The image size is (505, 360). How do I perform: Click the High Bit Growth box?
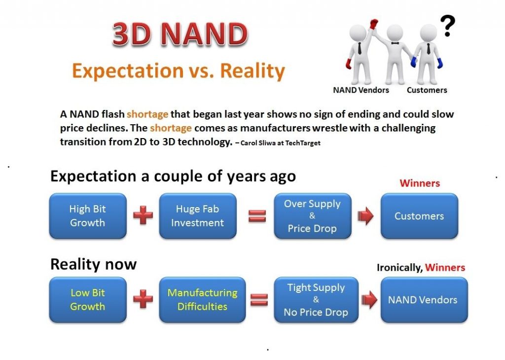(x=88, y=216)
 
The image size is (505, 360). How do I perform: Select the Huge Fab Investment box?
(x=198, y=216)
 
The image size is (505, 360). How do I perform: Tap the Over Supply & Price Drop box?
(x=312, y=216)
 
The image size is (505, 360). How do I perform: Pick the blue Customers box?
(x=419, y=216)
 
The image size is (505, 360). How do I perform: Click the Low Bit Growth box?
(x=88, y=300)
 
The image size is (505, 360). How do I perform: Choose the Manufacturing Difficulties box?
(x=202, y=300)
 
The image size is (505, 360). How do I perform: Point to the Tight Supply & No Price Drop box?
(x=316, y=300)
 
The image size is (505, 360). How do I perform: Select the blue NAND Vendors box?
(x=424, y=300)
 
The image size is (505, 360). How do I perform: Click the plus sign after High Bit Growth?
(x=143, y=215)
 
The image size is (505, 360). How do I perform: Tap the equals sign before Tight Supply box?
(x=259, y=299)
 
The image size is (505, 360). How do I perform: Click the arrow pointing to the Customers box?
(x=365, y=216)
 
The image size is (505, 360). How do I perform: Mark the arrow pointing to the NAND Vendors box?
(x=369, y=300)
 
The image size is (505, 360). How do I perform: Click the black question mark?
(x=448, y=26)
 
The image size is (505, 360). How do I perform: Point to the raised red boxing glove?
(x=373, y=24)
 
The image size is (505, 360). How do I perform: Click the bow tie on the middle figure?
(x=395, y=43)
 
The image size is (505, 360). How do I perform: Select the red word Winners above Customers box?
(x=420, y=183)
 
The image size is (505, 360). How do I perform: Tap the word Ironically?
(x=399, y=268)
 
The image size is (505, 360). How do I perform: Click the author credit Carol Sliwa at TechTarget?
(x=280, y=143)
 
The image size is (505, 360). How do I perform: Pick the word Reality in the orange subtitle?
(x=252, y=71)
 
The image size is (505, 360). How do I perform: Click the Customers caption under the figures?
(x=427, y=90)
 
